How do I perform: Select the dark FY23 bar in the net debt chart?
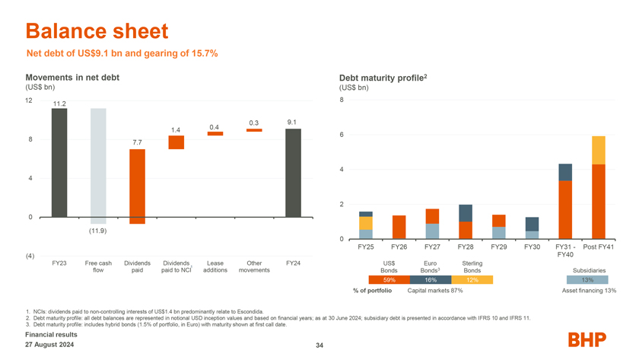tap(59, 163)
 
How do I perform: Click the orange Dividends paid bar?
tap(137, 186)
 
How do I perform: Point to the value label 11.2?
tap(59, 104)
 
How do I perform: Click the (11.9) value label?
tap(97, 231)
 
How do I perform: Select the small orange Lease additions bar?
tap(215, 133)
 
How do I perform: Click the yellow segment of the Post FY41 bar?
tap(598, 150)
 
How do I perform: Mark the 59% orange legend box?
tap(389, 280)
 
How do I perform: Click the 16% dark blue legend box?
tap(431, 280)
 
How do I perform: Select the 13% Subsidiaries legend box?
tap(587, 280)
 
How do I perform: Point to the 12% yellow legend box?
tap(472, 280)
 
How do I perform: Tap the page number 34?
tap(319, 347)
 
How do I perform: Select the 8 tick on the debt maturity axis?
tap(342, 100)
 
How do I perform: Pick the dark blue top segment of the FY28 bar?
tap(466, 213)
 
